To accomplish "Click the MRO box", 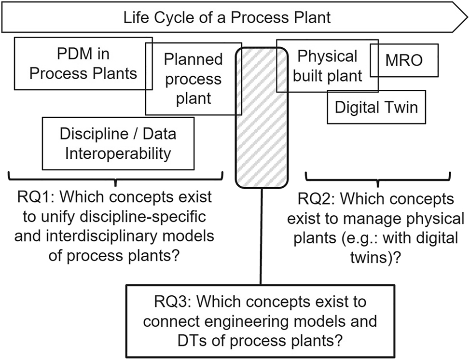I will click(x=404, y=60).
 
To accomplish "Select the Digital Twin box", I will click(x=376, y=107).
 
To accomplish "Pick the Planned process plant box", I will click(x=193, y=79).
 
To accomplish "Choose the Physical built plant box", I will click(x=328, y=66).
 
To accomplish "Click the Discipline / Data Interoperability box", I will click(x=118, y=143).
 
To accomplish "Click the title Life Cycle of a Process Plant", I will click(x=227, y=18).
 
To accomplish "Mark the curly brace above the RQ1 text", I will click(x=116, y=178).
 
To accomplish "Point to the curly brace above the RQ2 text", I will click(x=378, y=178).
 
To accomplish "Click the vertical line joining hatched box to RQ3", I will click(x=261, y=236).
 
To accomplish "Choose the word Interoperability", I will click(x=118, y=153).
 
